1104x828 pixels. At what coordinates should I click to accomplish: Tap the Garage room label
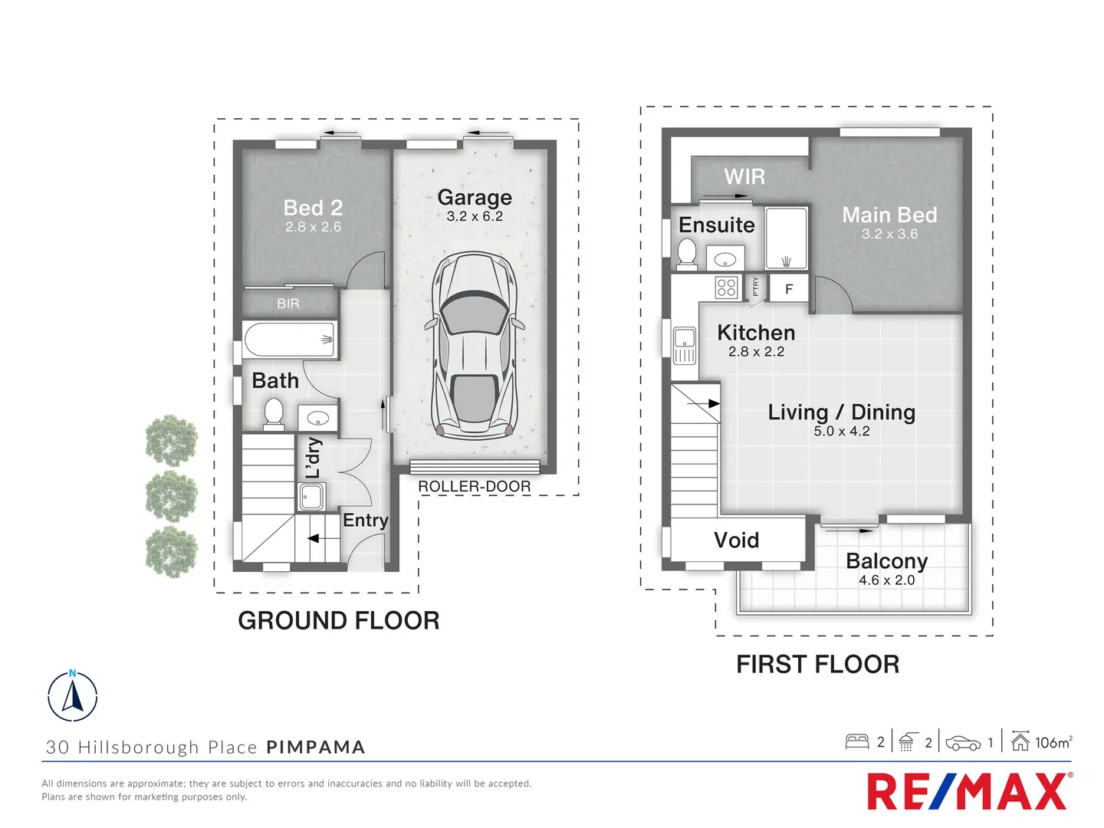click(x=475, y=198)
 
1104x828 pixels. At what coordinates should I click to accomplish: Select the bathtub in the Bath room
click(x=289, y=339)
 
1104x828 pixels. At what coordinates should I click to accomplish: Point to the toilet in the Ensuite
click(x=687, y=252)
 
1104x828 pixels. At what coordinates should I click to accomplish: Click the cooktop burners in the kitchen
click(x=726, y=287)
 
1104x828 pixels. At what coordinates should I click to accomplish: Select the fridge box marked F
click(x=789, y=289)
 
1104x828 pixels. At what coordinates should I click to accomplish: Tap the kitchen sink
click(x=684, y=344)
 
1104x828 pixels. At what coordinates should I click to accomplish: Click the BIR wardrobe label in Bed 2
click(x=288, y=304)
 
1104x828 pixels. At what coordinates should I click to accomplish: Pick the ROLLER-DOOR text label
click(x=474, y=487)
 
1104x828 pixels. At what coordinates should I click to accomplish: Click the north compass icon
click(x=73, y=696)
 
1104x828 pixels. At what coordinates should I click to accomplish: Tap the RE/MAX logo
click(x=968, y=791)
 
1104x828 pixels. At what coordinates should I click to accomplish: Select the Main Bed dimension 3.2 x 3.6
click(x=889, y=234)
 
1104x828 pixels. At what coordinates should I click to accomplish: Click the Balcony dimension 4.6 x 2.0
click(x=886, y=580)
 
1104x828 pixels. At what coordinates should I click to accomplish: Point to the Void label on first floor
click(x=736, y=540)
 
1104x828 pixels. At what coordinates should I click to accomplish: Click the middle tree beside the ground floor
click(x=172, y=496)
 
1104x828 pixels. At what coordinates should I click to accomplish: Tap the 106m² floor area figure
click(x=1053, y=742)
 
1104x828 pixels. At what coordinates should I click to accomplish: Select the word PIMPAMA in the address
click(x=316, y=747)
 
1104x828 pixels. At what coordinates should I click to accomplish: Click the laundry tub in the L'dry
click(x=311, y=498)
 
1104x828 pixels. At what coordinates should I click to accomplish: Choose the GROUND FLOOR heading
click(x=338, y=620)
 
